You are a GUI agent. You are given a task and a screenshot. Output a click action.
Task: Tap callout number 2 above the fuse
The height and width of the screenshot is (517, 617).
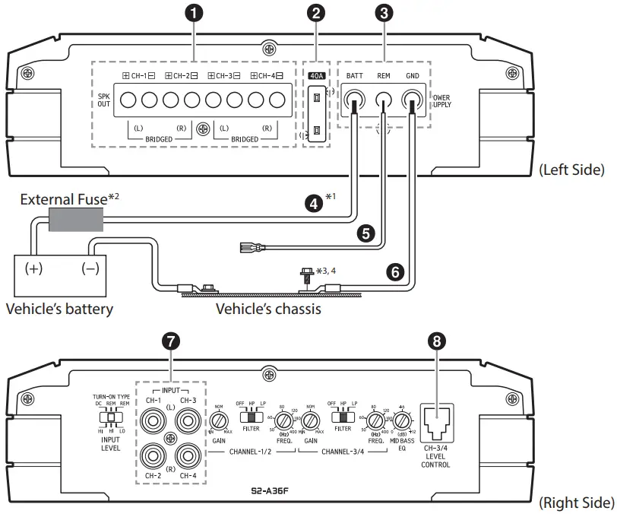click(315, 13)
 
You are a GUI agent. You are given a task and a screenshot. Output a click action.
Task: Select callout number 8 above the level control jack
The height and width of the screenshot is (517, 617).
click(435, 343)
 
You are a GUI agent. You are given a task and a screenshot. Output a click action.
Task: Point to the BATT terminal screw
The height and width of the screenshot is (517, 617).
click(353, 100)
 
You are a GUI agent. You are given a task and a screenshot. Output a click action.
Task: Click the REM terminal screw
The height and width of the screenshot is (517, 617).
click(384, 100)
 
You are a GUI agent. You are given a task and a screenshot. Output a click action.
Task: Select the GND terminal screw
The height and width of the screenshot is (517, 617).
click(413, 100)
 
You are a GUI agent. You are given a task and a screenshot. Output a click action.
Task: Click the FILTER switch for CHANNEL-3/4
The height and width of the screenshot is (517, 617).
click(342, 417)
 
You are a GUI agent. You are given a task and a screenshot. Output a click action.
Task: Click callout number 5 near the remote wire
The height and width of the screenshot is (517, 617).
click(368, 235)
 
